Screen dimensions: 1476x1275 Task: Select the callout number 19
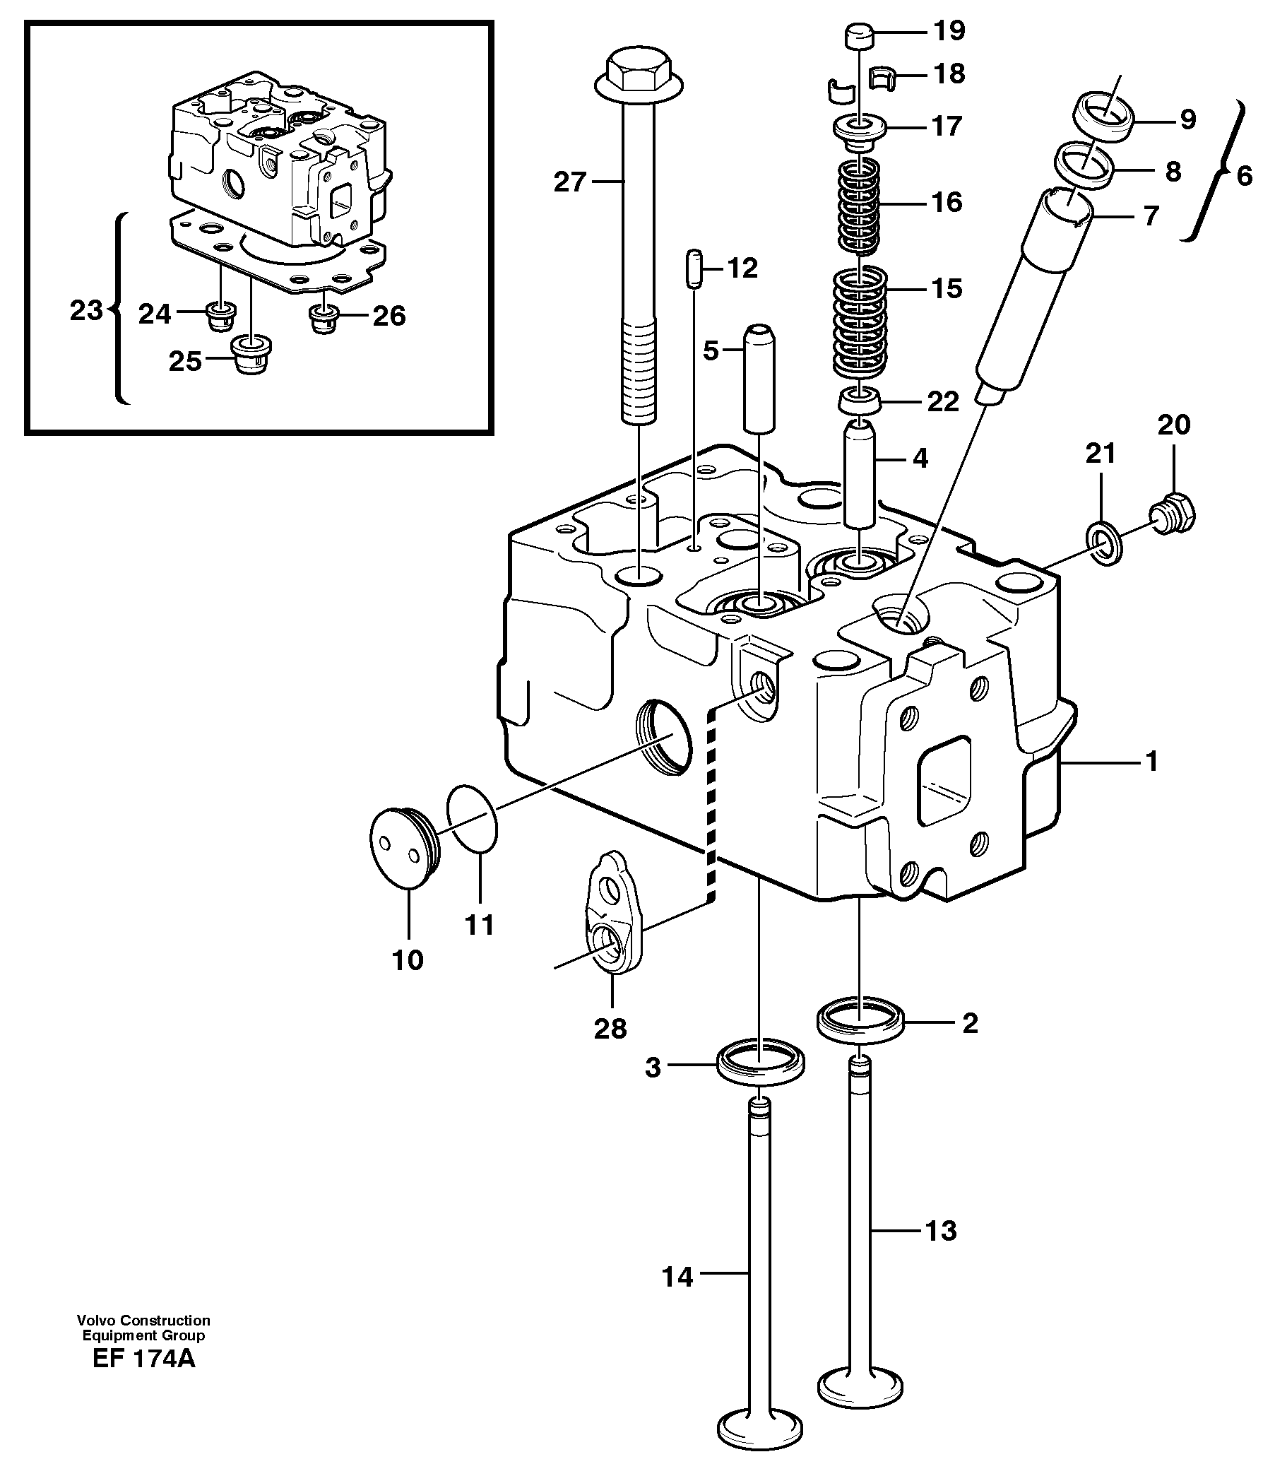click(949, 30)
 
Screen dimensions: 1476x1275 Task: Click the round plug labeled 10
click(403, 848)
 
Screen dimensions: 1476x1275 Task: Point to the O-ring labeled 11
click(473, 817)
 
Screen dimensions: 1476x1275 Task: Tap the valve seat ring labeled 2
click(860, 1023)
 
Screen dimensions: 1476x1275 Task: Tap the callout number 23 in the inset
click(86, 310)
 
